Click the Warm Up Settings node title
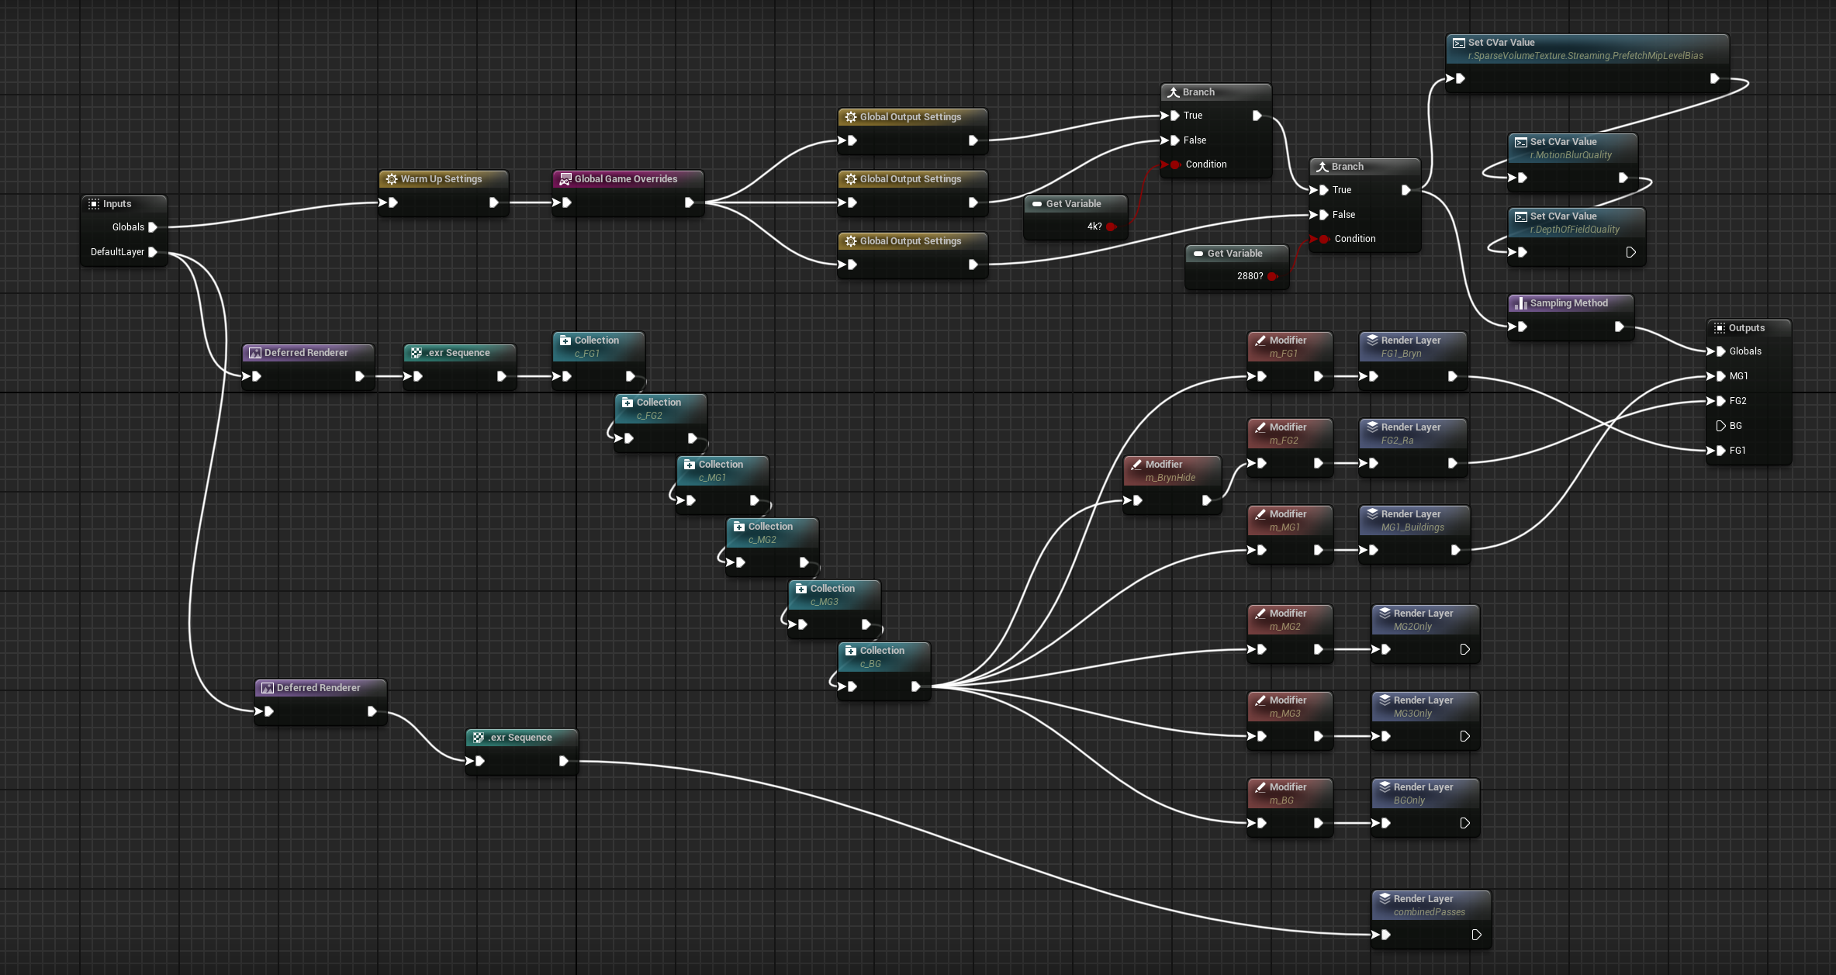point(441,179)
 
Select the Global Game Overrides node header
point(628,179)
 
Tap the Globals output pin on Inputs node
point(153,227)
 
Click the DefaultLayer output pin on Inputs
point(153,252)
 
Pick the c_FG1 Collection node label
point(586,354)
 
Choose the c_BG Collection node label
point(870,664)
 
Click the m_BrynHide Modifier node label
point(1170,478)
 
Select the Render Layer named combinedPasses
point(1430,912)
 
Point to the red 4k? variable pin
point(1112,226)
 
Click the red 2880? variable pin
point(1273,276)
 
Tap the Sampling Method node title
point(1569,303)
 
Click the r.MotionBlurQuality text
point(1571,155)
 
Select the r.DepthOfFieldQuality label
point(1575,230)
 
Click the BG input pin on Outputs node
point(1720,426)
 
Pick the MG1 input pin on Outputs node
point(1720,376)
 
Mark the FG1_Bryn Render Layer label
point(1401,354)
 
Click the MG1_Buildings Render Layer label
point(1412,527)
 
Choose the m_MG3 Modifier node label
point(1285,714)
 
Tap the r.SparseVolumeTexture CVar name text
point(1585,56)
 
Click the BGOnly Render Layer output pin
point(1464,823)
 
